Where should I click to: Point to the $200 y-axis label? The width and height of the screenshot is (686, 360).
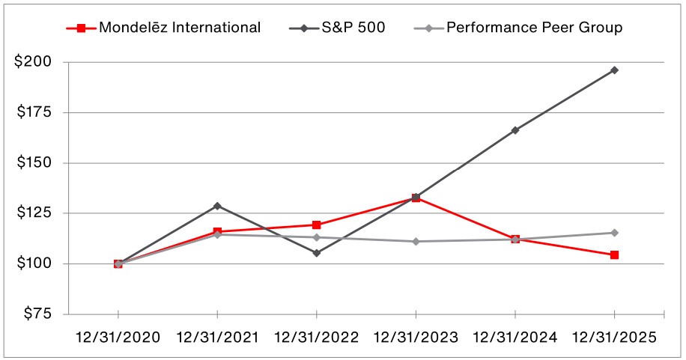tap(33, 62)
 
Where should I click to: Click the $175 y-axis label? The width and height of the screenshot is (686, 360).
tap(33, 112)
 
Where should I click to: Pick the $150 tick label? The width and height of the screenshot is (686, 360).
tap(33, 162)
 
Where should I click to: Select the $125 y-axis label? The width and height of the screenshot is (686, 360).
tap(33, 213)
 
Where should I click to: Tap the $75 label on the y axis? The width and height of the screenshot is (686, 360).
tap(37, 314)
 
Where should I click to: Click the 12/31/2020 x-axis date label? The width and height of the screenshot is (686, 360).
tap(118, 338)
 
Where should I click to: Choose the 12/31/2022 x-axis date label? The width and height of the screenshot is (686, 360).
tap(317, 338)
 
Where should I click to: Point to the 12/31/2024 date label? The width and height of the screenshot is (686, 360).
tap(515, 338)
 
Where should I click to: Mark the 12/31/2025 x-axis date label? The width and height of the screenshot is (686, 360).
tap(614, 338)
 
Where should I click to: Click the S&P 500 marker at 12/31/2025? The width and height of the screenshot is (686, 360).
tap(614, 70)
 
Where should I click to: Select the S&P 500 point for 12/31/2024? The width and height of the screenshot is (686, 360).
tap(515, 130)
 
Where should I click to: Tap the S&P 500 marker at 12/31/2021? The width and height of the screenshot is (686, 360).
tap(217, 206)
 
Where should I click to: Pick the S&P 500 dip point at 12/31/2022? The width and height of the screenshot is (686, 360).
tap(317, 253)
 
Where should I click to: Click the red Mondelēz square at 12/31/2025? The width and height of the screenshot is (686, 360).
tap(614, 255)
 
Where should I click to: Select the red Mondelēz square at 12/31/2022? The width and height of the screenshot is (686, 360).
tap(317, 225)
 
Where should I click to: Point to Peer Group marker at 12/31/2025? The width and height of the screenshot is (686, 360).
tap(614, 233)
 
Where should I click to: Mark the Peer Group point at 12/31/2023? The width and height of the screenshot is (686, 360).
tap(416, 242)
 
